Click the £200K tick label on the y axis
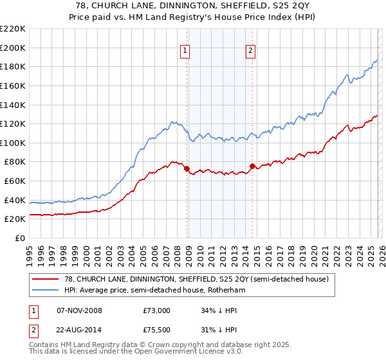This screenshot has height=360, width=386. pos(13,48)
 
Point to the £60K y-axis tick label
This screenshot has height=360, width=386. pos(15,181)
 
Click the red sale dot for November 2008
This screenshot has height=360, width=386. pos(187,169)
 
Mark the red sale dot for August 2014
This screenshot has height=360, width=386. pos(252,166)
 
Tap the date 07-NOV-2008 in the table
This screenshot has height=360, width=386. pos(80,310)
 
